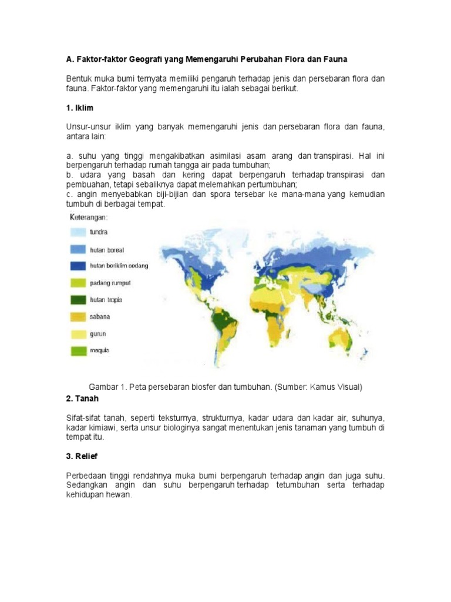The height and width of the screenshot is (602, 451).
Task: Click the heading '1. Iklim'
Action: (79, 109)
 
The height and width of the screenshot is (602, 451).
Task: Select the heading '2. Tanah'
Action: (83, 399)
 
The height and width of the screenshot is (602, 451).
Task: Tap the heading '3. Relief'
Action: (82, 456)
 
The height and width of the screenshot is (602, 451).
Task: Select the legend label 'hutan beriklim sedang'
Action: (119, 266)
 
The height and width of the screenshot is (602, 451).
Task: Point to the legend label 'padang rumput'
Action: (110, 283)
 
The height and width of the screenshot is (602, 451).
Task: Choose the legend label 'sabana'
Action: (100, 316)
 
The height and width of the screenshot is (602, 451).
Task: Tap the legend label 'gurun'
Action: (97, 333)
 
